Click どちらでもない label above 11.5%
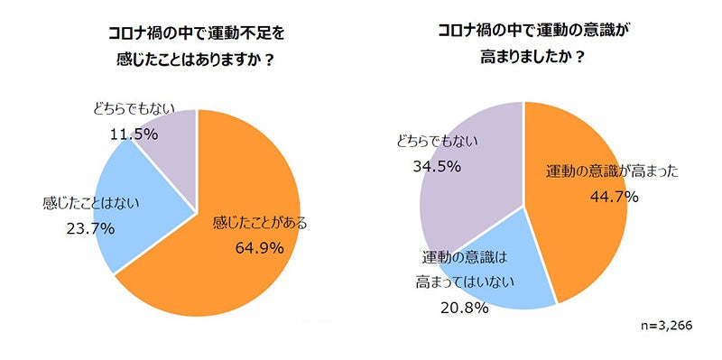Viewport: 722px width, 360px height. point(134,108)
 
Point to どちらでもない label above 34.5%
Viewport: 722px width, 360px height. point(436,141)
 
